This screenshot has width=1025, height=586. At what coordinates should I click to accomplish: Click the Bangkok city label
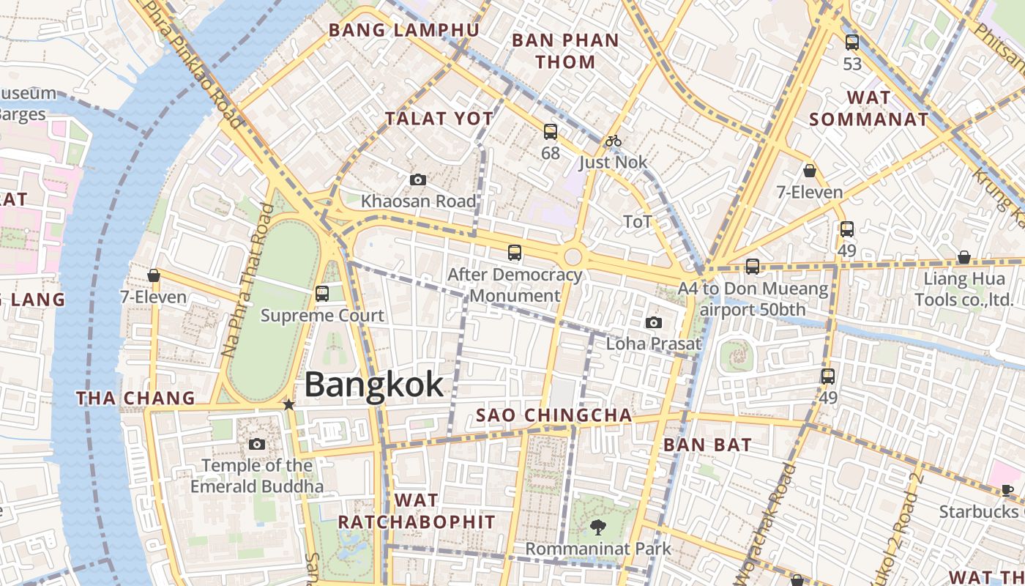point(373,385)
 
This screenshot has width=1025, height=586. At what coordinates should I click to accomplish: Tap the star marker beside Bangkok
point(289,404)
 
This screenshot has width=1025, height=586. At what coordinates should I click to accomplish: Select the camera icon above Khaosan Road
point(418,179)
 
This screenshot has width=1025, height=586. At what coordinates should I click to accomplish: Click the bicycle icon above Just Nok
point(614,141)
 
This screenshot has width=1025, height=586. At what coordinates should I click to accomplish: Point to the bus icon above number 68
point(551,132)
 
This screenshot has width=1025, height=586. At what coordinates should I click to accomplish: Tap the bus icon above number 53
point(851,42)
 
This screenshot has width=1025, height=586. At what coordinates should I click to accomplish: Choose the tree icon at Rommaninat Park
point(598,527)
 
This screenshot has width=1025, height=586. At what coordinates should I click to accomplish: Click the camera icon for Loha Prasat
point(653,322)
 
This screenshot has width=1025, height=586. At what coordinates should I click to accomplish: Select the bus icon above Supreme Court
point(322,294)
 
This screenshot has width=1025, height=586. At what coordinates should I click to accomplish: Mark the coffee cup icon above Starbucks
point(1007,490)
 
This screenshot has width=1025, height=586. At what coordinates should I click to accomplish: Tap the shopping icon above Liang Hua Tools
point(964,258)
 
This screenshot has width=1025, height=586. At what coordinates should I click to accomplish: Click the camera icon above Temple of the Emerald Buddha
point(256,444)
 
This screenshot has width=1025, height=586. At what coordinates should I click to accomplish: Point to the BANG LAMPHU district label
point(404,30)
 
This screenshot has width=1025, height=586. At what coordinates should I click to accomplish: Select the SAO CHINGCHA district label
point(553,415)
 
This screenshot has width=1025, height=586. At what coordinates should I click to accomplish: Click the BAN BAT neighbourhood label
point(707,445)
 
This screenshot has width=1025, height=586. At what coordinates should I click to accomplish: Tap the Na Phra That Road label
point(247,280)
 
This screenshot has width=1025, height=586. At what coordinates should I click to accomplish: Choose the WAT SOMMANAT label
point(869,108)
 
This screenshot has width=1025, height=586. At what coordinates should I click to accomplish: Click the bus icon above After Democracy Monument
point(515,253)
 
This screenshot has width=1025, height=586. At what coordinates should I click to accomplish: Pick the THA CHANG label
point(136,398)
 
